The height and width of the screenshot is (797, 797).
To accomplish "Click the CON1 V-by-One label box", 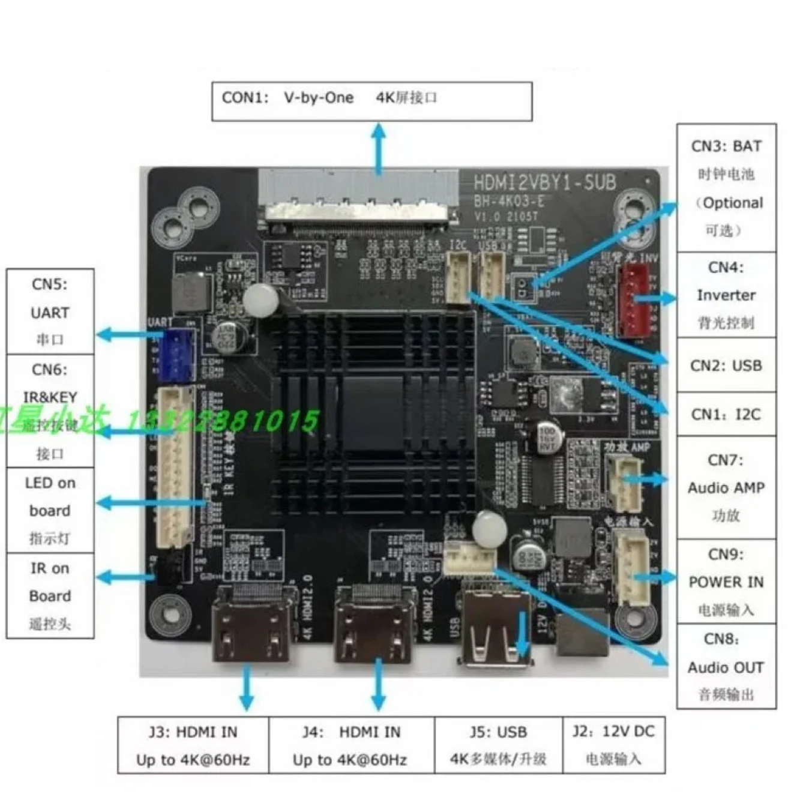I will click(x=371, y=101).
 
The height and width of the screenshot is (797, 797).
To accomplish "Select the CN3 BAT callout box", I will click(x=726, y=187).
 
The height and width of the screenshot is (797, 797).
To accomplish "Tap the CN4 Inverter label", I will click(x=726, y=295).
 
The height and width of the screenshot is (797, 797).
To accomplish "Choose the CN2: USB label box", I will click(x=726, y=365).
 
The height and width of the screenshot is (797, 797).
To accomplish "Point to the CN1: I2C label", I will click(x=726, y=414).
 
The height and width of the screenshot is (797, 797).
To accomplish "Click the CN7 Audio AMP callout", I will click(x=726, y=487).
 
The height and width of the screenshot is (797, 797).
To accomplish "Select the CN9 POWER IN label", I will click(x=726, y=582).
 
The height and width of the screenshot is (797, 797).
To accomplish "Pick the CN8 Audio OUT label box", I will click(x=726, y=667).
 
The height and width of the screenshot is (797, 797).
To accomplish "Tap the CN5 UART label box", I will click(x=50, y=311).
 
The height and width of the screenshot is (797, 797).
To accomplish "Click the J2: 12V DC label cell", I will click(x=613, y=744).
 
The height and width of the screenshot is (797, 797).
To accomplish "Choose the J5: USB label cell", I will click(x=498, y=744).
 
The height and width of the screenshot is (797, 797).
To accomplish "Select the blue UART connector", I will click(x=180, y=355).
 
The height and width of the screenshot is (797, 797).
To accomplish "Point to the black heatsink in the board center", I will click(x=372, y=414).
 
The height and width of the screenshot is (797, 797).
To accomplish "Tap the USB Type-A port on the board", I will click(x=496, y=627).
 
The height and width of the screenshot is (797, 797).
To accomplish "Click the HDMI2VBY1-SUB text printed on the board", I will click(x=544, y=182).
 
